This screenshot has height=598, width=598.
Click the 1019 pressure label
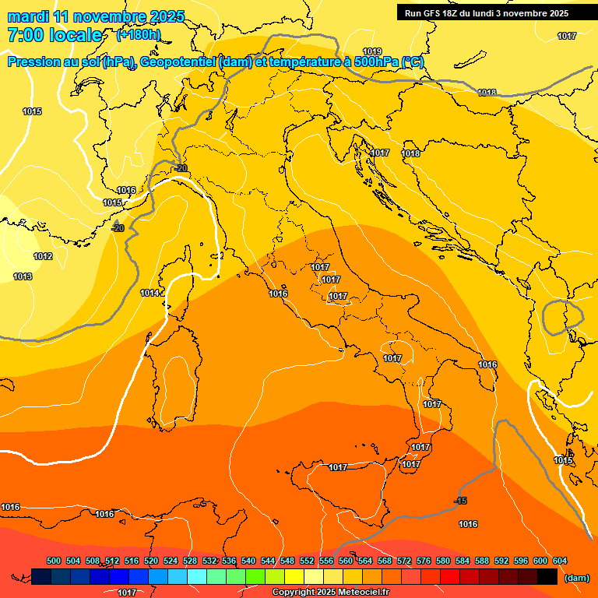tap(373, 51)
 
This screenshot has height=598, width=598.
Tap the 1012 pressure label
tap(43, 256)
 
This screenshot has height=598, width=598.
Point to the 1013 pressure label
tap(23, 276)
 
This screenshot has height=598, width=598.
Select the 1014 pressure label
tap(150, 293)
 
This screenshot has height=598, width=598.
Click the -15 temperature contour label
tap(461, 501)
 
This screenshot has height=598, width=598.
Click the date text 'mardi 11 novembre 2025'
tap(96, 16)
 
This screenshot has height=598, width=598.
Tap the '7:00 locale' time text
tap(55, 35)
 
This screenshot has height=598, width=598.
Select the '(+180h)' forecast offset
tap(138, 35)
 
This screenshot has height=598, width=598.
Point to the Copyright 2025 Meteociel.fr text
tap(331, 592)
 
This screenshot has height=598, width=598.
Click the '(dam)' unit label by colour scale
tap(575, 578)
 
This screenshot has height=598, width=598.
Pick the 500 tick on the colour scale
tap(54, 561)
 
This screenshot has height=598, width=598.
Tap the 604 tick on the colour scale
tap(559, 561)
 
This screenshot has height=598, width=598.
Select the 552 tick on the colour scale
tap(307, 561)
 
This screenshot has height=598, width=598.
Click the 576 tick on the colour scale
tap(424, 561)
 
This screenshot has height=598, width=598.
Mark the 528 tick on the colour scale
tap(190, 561)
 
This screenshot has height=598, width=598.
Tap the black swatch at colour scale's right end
tap(547, 577)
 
